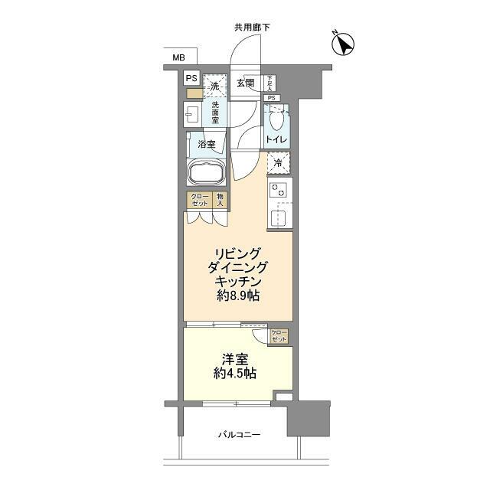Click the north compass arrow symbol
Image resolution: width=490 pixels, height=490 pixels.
coord(345,44)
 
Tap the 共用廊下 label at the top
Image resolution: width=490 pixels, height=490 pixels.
coord(252,28)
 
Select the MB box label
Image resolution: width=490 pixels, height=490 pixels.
coord(178,57)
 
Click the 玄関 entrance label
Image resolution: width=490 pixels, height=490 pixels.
coord(245,83)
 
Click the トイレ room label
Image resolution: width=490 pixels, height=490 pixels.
coord(276,140)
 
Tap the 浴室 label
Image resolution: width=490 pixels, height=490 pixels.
coord(206,144)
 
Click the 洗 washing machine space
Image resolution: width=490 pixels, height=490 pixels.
coord(216,85)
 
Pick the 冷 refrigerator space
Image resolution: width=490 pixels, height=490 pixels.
coord(279,162)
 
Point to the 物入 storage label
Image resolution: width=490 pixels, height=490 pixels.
coord(220,200)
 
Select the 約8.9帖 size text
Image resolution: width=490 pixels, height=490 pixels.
coord(237,296)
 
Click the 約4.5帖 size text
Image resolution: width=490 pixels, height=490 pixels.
coord(236,374)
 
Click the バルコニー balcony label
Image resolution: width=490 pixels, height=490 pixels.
coord(239,435)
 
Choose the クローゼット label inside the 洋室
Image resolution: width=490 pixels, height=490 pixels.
coord(279,335)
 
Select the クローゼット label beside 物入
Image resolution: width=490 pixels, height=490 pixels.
coord(200,200)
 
